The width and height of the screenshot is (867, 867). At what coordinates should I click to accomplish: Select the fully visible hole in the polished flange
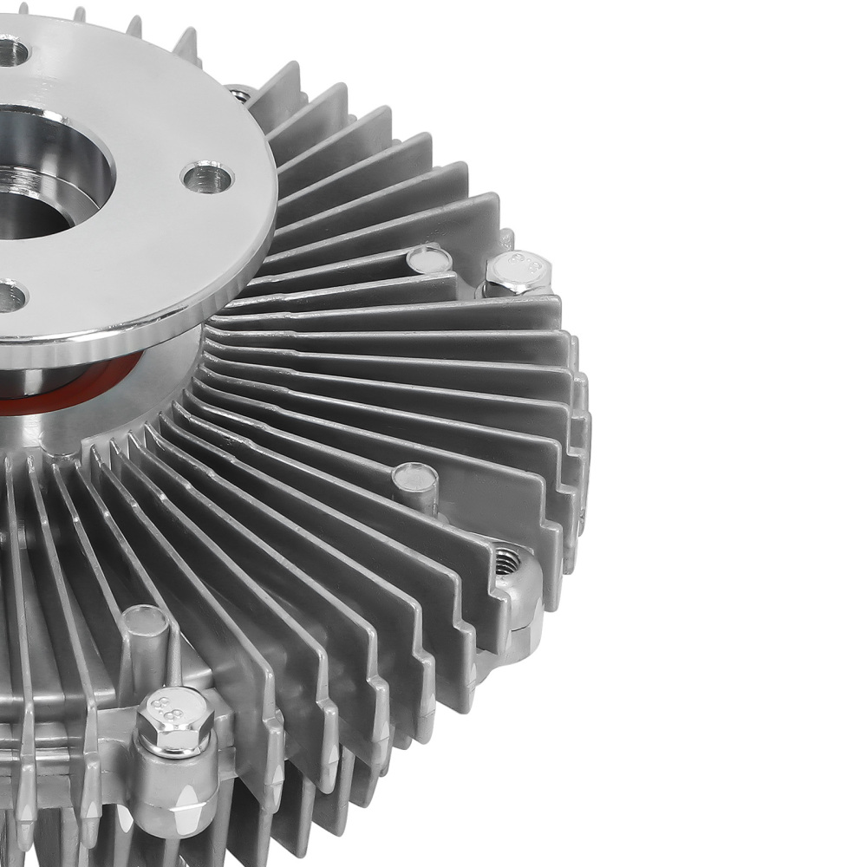point(207,176)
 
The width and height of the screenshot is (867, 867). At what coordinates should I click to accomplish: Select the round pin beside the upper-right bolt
point(428,257)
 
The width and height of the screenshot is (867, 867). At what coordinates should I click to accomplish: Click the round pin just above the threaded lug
point(415,478)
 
